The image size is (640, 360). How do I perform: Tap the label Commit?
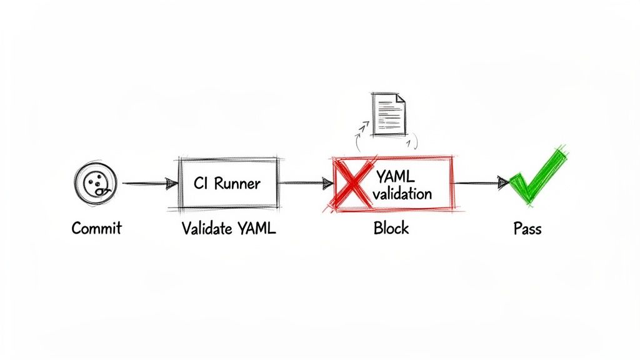click(x=96, y=228)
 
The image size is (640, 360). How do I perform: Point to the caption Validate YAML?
click(x=229, y=228)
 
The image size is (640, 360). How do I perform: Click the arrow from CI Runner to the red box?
click(x=305, y=183)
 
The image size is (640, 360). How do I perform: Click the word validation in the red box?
click(x=402, y=193)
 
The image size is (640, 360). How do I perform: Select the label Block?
click(x=391, y=228)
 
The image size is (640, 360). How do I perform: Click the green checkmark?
click(x=536, y=177)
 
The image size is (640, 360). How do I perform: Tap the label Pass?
click(x=527, y=229)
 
